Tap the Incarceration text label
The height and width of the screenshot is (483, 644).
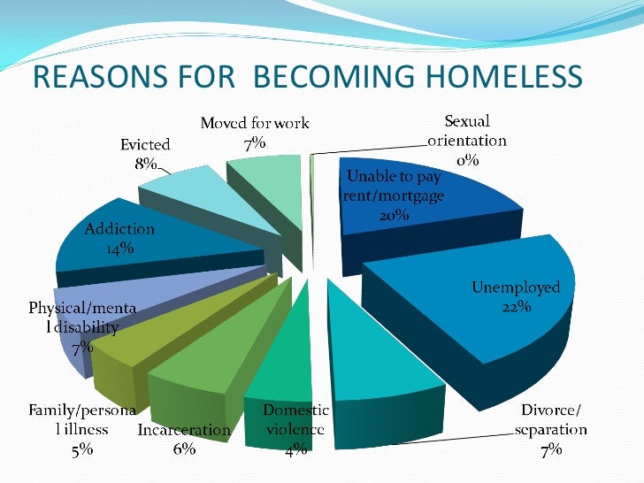pyautogui.click(x=184, y=431)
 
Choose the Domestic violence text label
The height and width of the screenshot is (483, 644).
pyautogui.click(x=295, y=420)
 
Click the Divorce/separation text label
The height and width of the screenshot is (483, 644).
pyautogui.click(x=549, y=420)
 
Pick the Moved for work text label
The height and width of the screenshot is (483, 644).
pyautogui.click(x=255, y=124)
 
